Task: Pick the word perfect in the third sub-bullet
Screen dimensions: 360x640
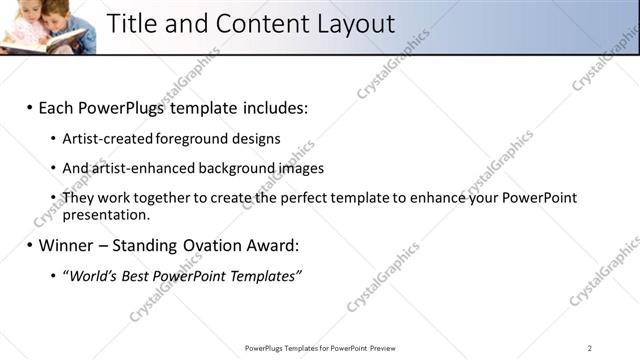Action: click(x=297, y=198)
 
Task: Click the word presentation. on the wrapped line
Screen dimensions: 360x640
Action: click(x=105, y=214)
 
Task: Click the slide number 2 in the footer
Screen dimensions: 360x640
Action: click(x=590, y=348)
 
